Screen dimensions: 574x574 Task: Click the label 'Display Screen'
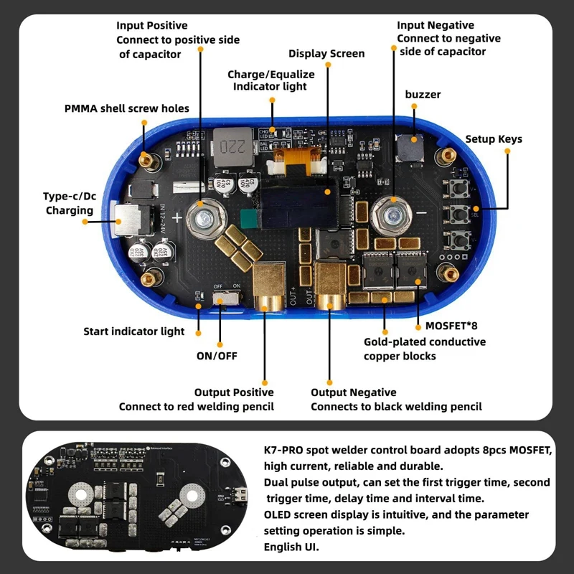(326, 54)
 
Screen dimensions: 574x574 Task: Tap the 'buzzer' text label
(423, 95)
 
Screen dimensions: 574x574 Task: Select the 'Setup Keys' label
(494, 139)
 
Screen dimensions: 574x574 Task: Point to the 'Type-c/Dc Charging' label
(70, 203)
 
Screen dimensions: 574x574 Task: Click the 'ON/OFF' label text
(217, 355)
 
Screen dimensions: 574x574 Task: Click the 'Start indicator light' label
(133, 331)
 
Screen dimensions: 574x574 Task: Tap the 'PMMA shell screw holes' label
(127, 108)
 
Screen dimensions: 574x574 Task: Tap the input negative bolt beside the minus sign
(393, 213)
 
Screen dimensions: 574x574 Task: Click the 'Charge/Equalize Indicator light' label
(267, 80)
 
